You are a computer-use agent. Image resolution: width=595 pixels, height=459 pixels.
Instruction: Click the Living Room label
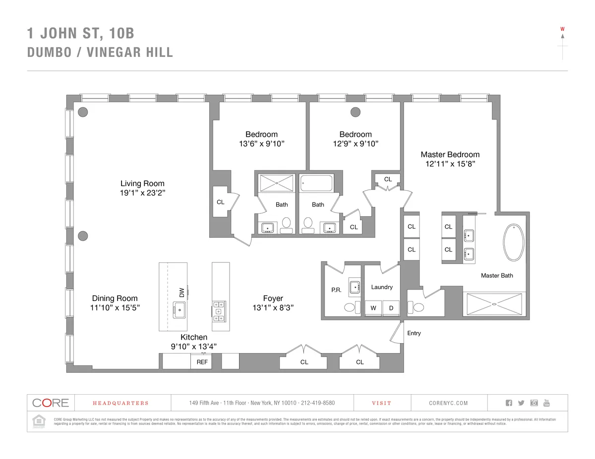tap(142, 184)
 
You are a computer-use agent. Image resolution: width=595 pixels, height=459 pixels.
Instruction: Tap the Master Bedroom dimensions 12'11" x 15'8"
tap(450, 164)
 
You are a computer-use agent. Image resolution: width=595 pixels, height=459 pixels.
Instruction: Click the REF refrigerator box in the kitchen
tap(202, 362)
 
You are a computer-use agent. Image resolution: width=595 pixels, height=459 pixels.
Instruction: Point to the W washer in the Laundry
tap(373, 308)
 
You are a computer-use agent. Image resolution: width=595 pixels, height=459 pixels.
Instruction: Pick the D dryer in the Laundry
tap(391, 308)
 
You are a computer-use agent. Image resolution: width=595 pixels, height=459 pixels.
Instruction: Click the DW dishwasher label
tap(181, 293)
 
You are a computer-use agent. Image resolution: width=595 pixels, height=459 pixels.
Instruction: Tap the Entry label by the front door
tap(414, 333)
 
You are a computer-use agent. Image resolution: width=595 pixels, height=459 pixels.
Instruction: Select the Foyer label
tap(273, 298)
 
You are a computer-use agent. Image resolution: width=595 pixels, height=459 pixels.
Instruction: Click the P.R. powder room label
tap(336, 291)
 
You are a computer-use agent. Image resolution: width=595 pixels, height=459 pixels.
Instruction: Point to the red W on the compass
tap(562, 29)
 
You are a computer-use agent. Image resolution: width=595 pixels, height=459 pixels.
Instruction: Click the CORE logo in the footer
tap(50, 403)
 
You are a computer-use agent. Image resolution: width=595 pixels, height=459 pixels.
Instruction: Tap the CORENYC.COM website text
tap(448, 403)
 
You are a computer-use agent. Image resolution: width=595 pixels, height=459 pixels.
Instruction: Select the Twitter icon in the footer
tap(521, 403)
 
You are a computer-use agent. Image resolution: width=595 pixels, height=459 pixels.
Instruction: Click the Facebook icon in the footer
tap(509, 403)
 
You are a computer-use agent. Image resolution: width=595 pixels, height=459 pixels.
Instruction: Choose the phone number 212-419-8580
tap(318, 403)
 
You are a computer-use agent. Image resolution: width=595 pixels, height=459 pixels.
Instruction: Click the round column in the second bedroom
tap(355, 112)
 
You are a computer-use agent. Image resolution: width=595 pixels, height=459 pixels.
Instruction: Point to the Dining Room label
tap(115, 298)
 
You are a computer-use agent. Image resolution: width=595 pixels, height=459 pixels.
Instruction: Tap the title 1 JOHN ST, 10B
tap(80, 34)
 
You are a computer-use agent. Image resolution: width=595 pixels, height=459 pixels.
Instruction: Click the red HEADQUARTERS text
tap(120, 403)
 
